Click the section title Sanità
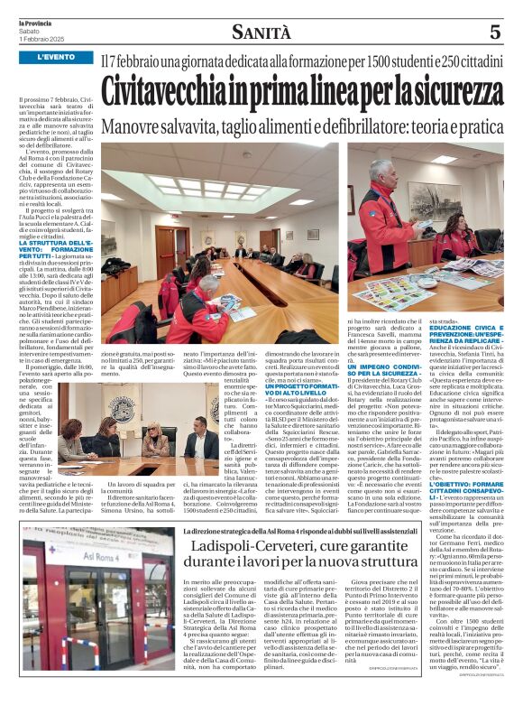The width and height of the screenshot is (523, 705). click(261, 33)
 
